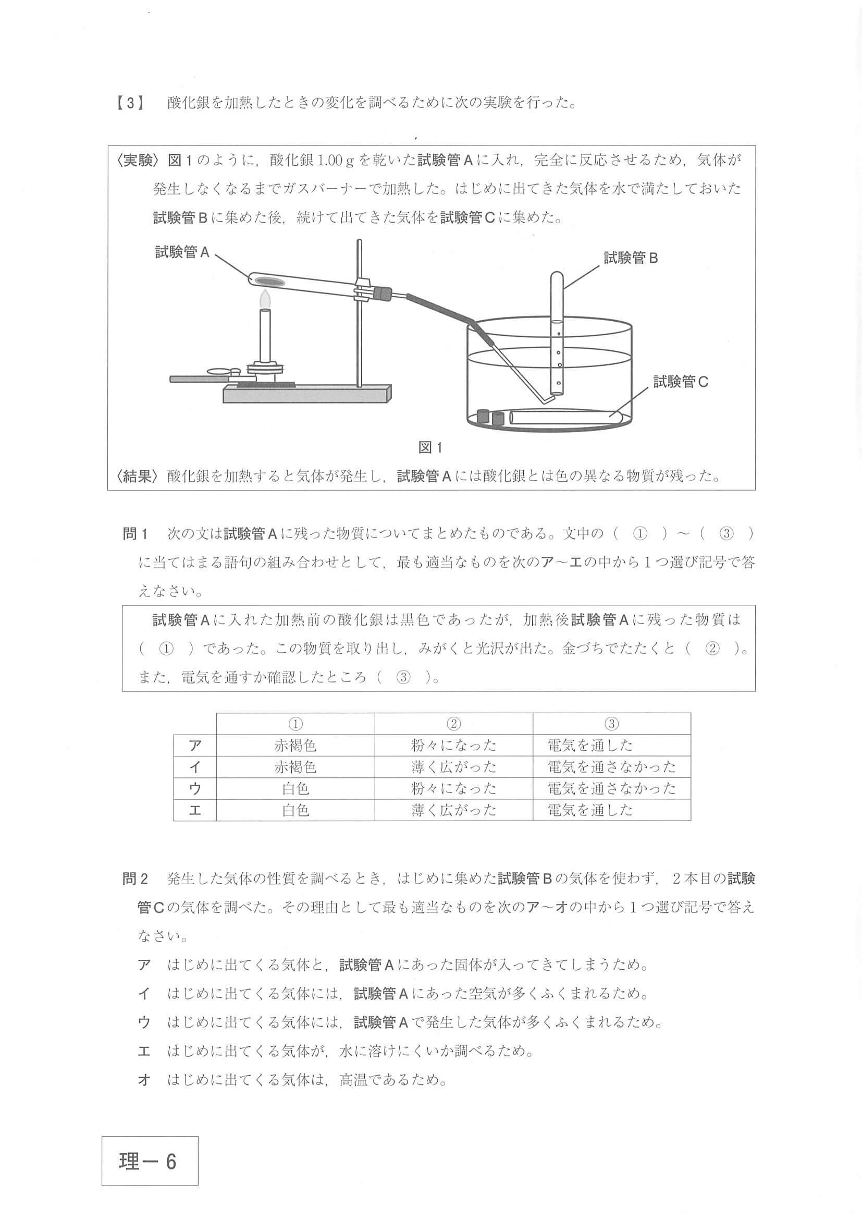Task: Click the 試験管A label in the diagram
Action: click(x=182, y=252)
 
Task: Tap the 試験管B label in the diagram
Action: click(x=631, y=258)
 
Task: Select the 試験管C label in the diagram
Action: click(x=680, y=382)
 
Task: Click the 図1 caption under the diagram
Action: click(x=430, y=447)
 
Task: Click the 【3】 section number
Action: click(x=130, y=103)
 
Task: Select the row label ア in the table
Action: click(x=195, y=746)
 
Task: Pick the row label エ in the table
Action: click(x=195, y=810)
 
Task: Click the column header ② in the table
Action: click(x=453, y=724)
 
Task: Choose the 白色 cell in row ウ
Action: click(x=295, y=788)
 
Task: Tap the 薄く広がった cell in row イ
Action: click(x=453, y=767)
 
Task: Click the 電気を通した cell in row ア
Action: click(x=590, y=746)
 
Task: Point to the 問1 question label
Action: click(x=134, y=533)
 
